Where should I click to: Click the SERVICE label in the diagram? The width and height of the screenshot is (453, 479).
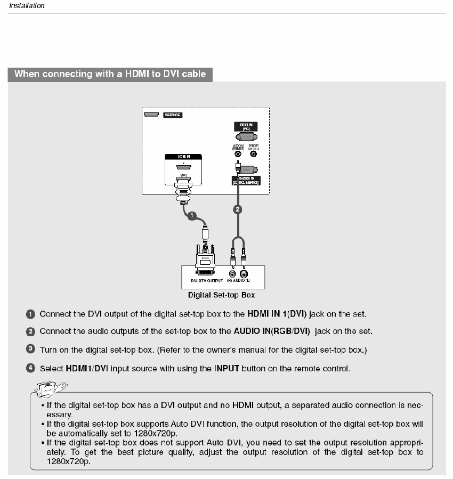coord(172,115)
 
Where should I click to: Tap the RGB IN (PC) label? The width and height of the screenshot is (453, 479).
coord(246,127)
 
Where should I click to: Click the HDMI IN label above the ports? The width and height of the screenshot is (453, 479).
coord(183,157)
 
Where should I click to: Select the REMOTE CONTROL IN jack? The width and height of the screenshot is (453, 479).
coord(253,155)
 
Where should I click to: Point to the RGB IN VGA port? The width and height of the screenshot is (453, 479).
coord(246,136)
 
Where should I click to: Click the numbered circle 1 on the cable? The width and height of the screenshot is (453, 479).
coord(192,215)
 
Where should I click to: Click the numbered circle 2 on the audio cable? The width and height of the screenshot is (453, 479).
coord(239,209)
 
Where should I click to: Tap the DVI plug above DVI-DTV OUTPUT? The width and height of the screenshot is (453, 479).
coord(205,258)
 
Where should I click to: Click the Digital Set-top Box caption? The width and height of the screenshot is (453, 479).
coord(221,295)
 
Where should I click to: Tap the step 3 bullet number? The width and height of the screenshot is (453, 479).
coord(31,350)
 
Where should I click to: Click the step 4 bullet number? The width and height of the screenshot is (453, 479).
coord(31,368)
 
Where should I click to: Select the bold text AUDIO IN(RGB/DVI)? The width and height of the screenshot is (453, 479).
coord(272,331)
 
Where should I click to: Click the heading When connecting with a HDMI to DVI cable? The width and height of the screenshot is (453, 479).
coord(110,74)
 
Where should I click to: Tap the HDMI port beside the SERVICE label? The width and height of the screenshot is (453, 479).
coord(151,115)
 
